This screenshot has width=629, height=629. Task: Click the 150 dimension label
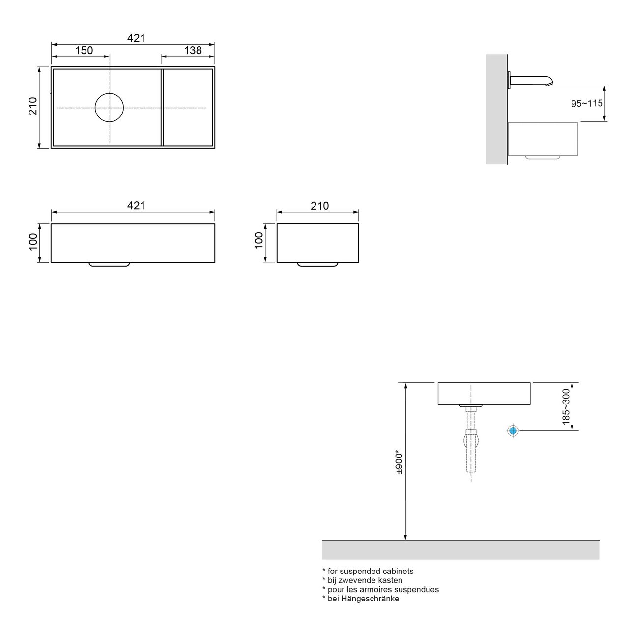pos(84,50)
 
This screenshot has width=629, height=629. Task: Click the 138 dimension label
pos(193,50)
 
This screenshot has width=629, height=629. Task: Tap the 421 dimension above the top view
pos(136,38)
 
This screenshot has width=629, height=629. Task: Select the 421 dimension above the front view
pos(136,206)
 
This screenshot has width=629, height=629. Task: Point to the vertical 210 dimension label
pos(33,106)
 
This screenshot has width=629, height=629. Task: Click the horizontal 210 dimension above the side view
pos(319,206)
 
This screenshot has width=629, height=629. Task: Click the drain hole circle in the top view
pos(110,107)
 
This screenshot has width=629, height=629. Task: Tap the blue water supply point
pos(513,431)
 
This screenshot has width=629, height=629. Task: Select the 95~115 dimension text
pos(586,104)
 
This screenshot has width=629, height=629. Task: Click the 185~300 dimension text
pos(566,407)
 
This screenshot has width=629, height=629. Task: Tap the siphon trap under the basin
pos(471,440)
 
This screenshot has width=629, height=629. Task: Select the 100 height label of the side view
pos(259,241)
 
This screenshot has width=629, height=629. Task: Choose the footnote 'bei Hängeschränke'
pos(361,599)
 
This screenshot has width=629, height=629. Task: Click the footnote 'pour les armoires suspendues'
pos(380,589)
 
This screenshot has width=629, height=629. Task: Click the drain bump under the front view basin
pos(109,264)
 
